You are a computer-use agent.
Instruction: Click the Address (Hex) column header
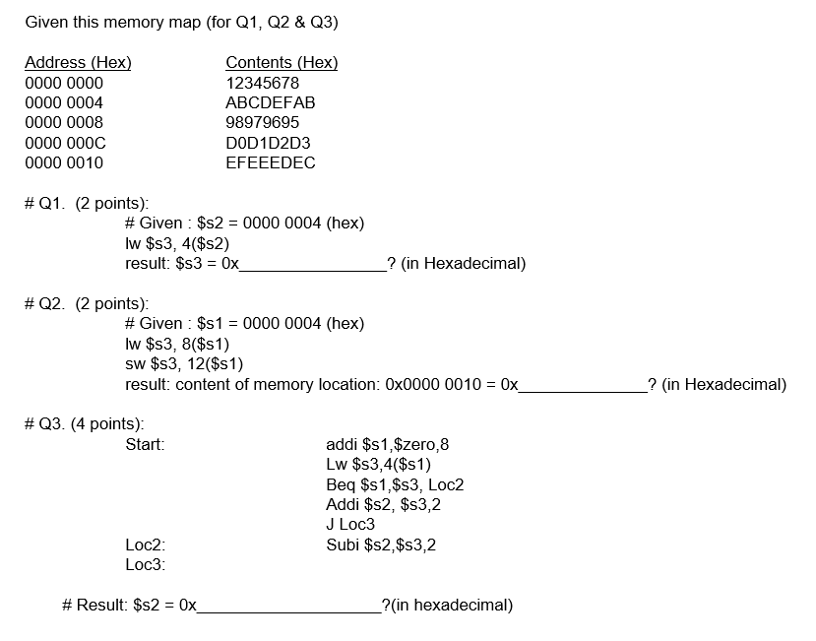point(78,63)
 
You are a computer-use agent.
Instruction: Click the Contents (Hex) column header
point(282,63)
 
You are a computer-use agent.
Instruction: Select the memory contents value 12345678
point(262,83)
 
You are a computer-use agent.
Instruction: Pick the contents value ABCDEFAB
point(271,102)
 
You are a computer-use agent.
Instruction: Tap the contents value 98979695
point(263,123)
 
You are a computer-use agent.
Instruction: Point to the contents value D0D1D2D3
point(268,143)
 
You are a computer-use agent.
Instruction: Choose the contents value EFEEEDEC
point(271,163)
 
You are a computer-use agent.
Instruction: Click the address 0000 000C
point(65,143)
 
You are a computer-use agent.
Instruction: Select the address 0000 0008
point(64,123)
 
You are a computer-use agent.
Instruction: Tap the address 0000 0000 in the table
point(64,83)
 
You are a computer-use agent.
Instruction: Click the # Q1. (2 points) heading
point(87,204)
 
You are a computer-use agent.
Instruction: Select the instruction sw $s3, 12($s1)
point(184,364)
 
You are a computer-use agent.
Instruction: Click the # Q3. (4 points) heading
point(85,424)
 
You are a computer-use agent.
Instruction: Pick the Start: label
point(145,445)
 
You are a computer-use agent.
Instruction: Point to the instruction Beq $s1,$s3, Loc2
point(395,484)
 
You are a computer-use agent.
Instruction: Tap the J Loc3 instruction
point(350,525)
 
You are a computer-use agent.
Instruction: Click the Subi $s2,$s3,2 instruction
point(381,545)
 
